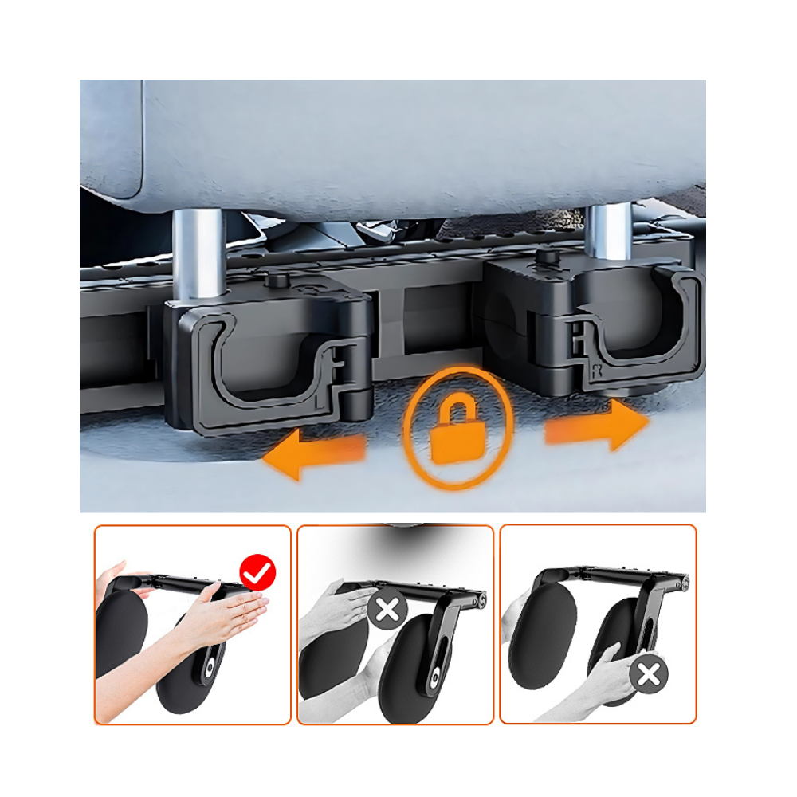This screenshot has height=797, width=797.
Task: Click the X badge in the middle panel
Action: click(x=388, y=611)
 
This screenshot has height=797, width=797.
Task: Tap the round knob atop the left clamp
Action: click(x=276, y=281)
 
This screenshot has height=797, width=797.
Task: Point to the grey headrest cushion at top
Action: click(x=422, y=143)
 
